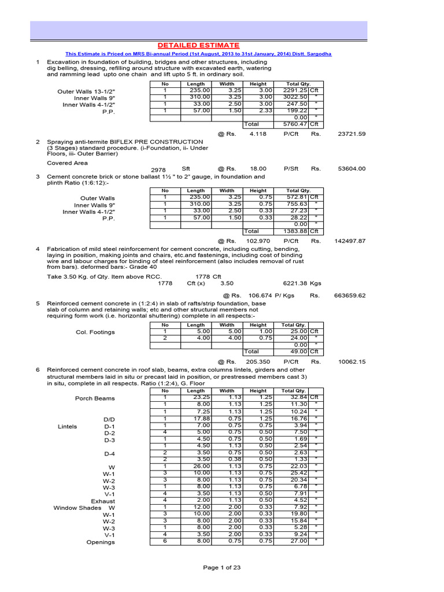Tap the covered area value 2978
pos(158,170)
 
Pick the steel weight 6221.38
pos(294,284)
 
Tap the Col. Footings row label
pos(95,332)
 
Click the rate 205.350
pos(260,361)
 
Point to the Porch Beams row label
pos(95,398)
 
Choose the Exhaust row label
pos(103,501)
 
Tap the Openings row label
pos(101,542)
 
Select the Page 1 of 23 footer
pos(222,568)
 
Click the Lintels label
pos(67,426)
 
